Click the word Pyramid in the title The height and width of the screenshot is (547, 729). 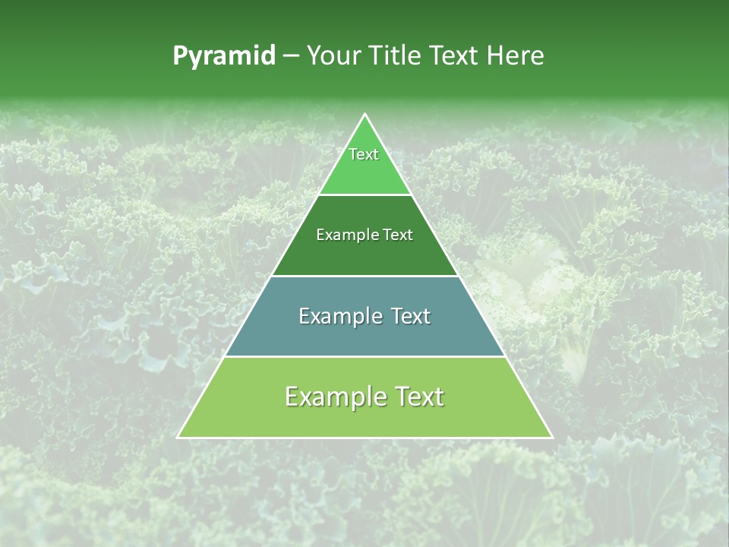point(224,56)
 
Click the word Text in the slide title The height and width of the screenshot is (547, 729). point(456,55)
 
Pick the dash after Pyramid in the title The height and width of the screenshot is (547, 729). point(291,56)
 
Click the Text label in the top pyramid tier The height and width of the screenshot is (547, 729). point(364,154)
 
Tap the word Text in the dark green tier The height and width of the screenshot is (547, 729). point(399,236)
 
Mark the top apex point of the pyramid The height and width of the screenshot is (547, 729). point(365,114)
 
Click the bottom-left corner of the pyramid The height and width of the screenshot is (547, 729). point(178,438)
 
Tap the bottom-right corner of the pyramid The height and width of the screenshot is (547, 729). point(552,438)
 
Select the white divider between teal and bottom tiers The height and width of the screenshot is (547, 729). point(365,356)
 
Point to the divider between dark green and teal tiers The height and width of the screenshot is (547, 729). point(365,276)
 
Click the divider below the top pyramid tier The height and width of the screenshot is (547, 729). point(365,195)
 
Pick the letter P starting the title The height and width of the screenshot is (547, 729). point(180,56)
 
